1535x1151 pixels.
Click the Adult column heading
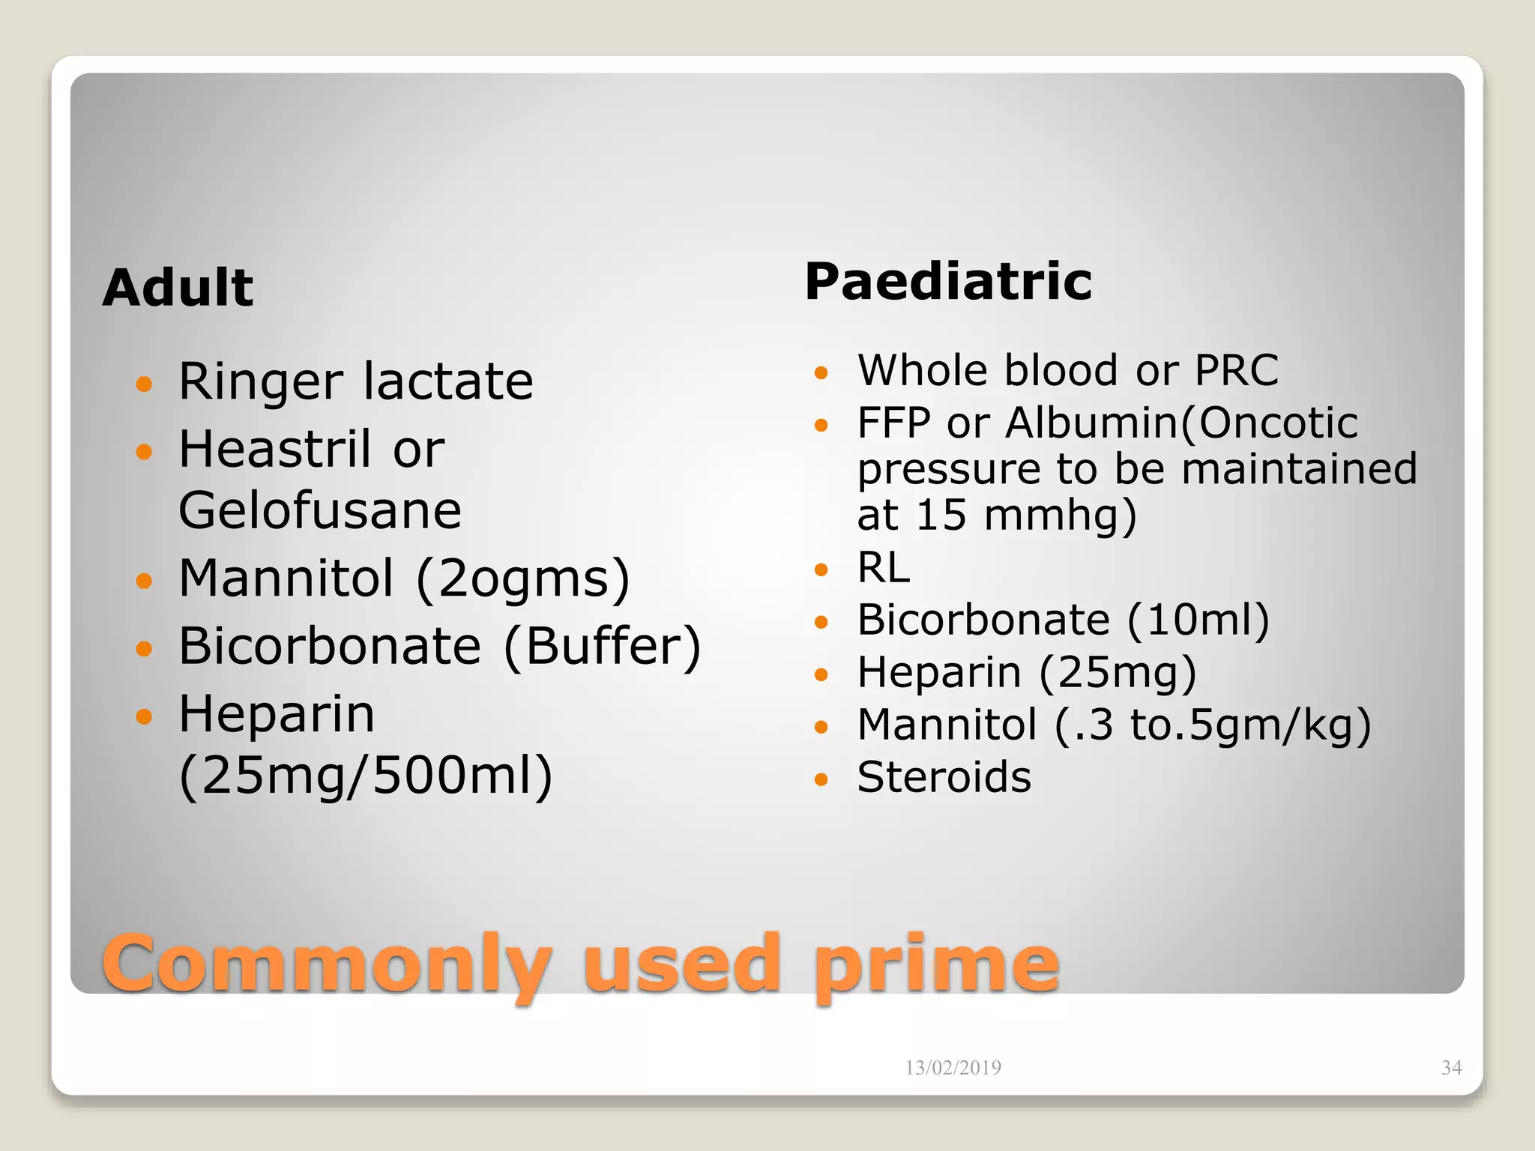pos(178,288)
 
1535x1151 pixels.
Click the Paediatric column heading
pos(948,283)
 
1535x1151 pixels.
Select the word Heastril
pos(274,449)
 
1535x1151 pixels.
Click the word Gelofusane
pos(320,510)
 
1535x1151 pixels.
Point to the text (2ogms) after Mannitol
pos(522,579)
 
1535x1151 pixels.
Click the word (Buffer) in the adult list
pos(602,646)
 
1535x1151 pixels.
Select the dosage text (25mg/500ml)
pos(366,776)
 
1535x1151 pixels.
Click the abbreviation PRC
pos(1236,370)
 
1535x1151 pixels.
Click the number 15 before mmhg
pos(941,515)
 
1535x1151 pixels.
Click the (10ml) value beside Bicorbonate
pos(1198,620)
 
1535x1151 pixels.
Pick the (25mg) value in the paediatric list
pos(1117,672)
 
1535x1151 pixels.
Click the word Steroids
pos(944,777)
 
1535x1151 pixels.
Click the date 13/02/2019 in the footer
pos(953,1068)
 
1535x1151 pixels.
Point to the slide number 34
pos(1451,1068)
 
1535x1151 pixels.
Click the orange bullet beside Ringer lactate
pos(144,384)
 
